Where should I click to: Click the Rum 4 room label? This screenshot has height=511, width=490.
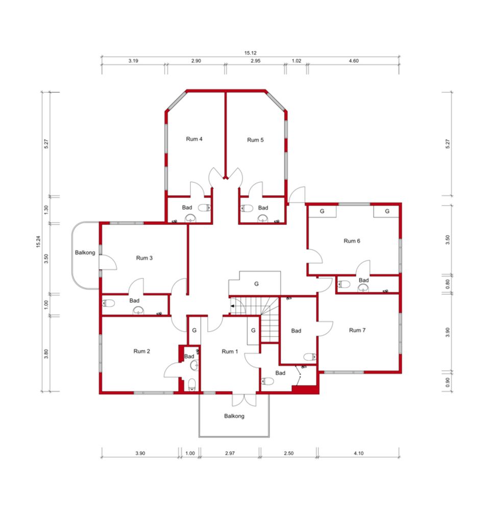click(194, 139)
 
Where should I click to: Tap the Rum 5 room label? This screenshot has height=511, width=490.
click(255, 140)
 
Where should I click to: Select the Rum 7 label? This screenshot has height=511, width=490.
click(357, 330)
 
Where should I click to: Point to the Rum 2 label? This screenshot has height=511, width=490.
click(141, 351)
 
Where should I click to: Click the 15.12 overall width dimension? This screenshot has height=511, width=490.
click(251, 53)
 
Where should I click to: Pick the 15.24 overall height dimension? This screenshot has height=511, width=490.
click(38, 242)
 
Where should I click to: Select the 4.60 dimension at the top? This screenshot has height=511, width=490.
click(354, 61)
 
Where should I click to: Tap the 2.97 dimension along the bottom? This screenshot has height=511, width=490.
click(230, 453)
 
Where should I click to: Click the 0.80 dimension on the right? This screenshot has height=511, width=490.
click(448, 284)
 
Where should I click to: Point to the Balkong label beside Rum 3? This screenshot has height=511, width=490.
click(85, 252)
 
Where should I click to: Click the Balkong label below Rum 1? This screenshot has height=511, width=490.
click(234, 416)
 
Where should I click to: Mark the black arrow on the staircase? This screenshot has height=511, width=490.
click(232, 306)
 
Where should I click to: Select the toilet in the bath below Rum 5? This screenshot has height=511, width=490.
click(247, 208)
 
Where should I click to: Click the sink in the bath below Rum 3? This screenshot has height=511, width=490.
click(138, 311)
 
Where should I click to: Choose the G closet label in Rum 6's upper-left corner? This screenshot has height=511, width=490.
click(322, 211)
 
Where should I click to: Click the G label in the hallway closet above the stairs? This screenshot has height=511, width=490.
click(256, 284)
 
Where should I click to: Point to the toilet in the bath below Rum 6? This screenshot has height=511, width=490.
click(344, 284)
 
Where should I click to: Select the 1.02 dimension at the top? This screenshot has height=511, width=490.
click(296, 61)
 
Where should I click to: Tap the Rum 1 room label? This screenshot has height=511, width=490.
click(230, 352)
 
